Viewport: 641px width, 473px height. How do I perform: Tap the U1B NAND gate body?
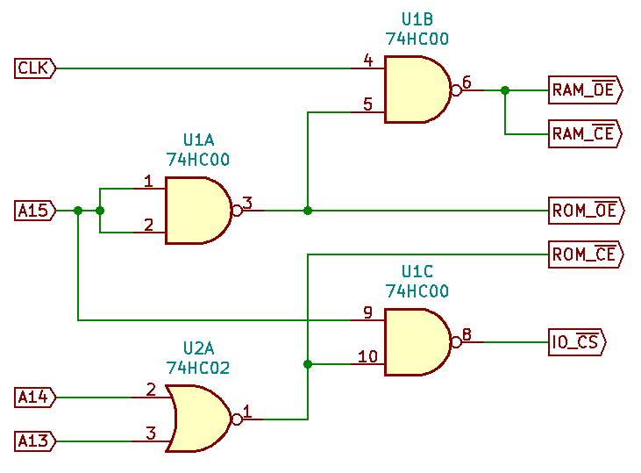click(x=416, y=90)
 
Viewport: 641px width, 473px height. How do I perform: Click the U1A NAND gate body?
click(x=196, y=211)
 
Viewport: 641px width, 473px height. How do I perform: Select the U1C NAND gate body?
click(x=416, y=341)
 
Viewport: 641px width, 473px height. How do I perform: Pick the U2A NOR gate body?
click(x=200, y=419)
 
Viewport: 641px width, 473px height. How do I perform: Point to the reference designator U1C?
click(x=417, y=271)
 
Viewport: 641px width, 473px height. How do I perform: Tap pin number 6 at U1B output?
click(x=467, y=82)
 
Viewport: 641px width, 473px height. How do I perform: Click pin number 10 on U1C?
click(x=367, y=356)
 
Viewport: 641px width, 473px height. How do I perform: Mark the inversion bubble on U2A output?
click(x=236, y=419)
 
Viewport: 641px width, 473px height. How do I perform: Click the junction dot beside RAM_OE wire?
click(x=505, y=90)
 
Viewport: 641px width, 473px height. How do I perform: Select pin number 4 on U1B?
click(x=368, y=61)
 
